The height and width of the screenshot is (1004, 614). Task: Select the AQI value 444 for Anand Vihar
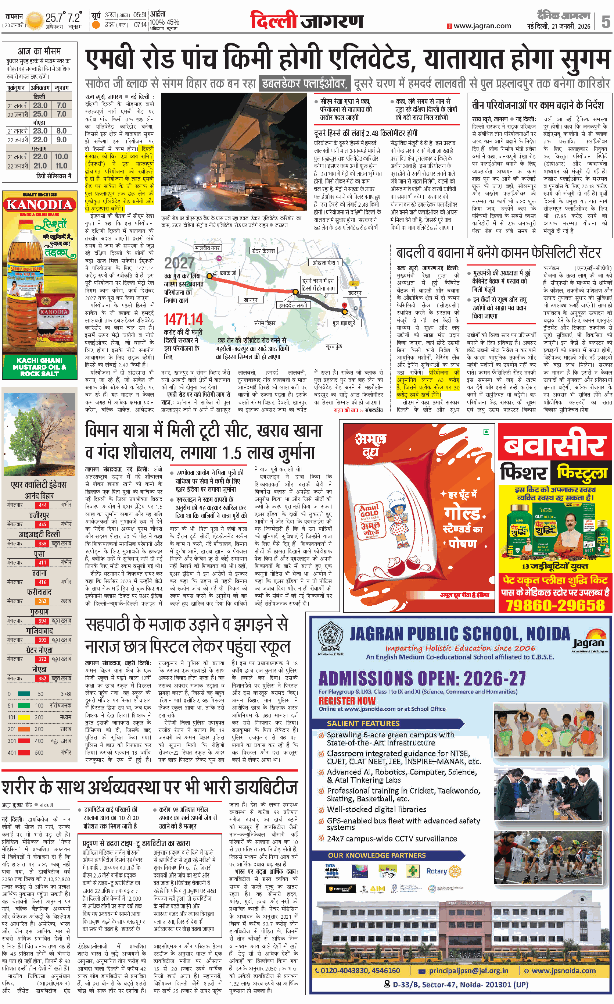[42, 505]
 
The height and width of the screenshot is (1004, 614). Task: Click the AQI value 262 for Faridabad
[42, 601]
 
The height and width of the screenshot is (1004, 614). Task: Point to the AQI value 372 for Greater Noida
[42, 659]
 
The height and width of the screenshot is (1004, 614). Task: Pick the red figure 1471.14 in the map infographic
[183, 319]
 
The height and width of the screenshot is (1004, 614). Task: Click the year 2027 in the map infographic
[179, 263]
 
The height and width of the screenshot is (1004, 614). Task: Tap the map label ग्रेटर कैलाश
[263, 250]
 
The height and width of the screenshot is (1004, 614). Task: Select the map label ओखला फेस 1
[326, 263]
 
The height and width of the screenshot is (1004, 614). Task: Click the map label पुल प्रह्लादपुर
[344, 323]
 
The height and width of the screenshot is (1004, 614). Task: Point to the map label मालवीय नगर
[207, 248]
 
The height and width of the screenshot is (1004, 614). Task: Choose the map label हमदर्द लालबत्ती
[293, 305]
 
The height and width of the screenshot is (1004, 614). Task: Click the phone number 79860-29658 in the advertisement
[555, 605]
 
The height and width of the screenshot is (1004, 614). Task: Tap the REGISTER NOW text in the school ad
[347, 701]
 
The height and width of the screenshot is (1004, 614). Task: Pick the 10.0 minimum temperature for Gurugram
[61, 156]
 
